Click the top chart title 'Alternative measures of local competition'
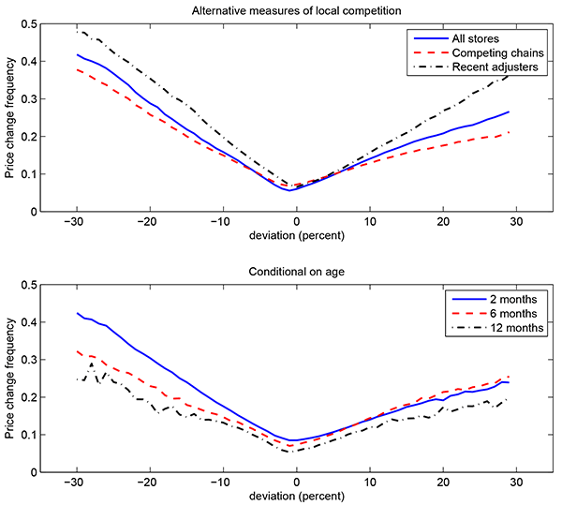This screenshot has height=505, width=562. (x=297, y=9)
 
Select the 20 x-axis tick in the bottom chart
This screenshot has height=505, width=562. (x=442, y=482)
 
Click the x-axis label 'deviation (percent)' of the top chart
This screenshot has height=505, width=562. (x=297, y=237)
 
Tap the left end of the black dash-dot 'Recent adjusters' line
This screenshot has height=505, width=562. (x=78, y=32)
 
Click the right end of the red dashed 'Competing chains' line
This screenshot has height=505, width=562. (x=509, y=132)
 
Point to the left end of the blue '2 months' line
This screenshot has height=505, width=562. (x=78, y=313)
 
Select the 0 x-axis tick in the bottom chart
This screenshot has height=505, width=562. (x=297, y=482)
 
